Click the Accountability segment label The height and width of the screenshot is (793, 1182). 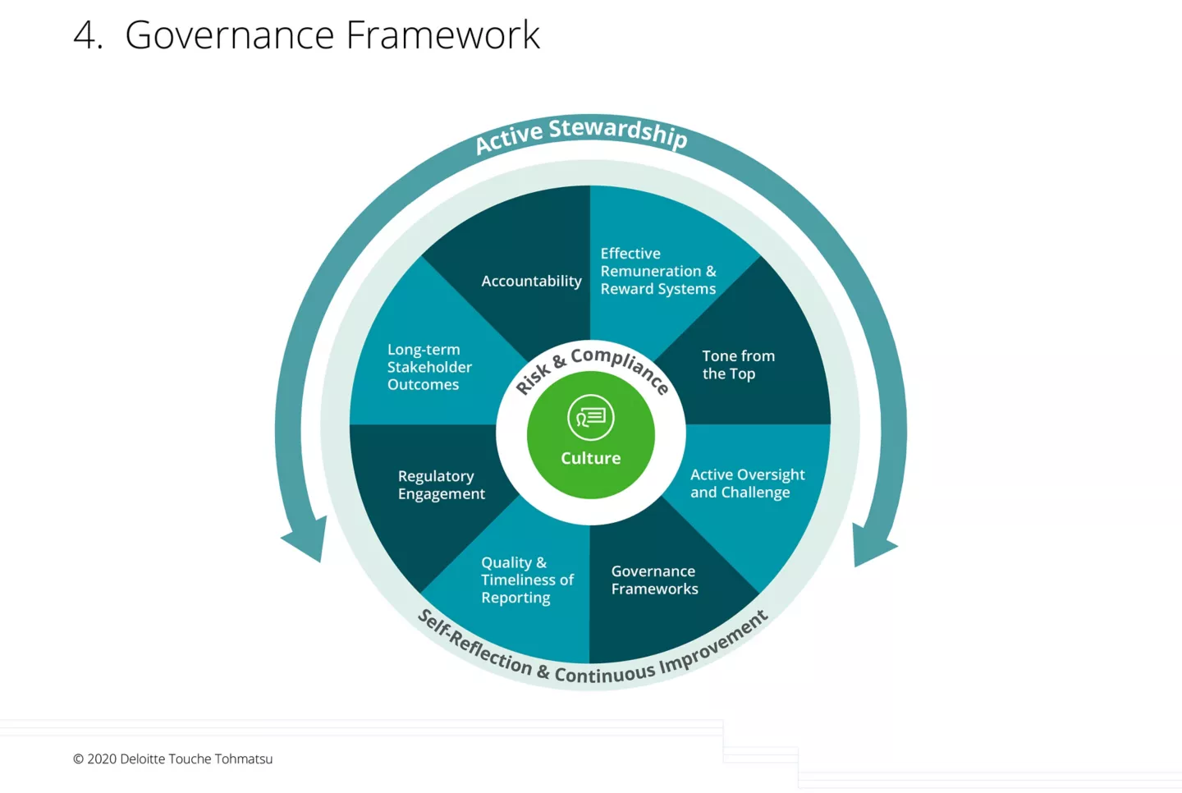[531, 281]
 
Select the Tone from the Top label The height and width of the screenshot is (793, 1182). [738, 364]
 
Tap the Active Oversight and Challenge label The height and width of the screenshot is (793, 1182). [747, 484]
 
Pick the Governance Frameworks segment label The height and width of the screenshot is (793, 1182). [654, 580]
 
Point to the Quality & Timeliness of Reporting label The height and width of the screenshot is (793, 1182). [527, 580]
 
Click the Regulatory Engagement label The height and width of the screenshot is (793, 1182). [441, 484]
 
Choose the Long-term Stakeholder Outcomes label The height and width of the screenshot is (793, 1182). [429, 367]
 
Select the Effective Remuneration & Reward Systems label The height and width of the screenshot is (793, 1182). [657, 271]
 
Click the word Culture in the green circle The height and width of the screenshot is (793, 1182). [590, 458]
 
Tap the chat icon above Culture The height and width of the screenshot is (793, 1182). [590, 417]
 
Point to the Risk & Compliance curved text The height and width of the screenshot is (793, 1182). [592, 367]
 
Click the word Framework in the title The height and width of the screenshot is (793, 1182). [442, 35]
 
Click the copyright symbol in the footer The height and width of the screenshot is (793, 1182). [79, 759]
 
